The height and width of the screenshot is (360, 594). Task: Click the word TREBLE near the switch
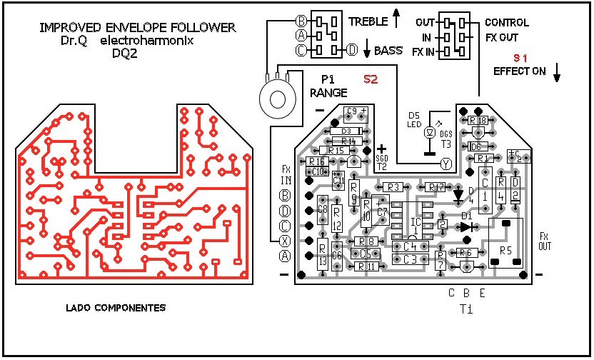click(368, 22)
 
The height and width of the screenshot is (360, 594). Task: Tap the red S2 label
click(371, 79)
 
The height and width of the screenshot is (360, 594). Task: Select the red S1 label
click(522, 56)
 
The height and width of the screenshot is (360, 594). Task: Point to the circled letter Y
click(447, 164)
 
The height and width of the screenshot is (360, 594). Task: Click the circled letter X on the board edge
click(286, 240)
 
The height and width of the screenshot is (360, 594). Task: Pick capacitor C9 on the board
click(356, 111)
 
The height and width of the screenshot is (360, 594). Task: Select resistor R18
click(478, 121)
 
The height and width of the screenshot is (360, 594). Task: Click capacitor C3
click(410, 259)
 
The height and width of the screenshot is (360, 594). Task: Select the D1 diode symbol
click(466, 227)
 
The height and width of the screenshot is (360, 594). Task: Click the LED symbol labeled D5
click(430, 133)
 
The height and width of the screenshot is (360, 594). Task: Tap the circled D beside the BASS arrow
click(352, 50)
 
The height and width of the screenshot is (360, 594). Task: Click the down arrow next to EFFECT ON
click(558, 71)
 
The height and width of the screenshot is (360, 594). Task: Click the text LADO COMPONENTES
click(115, 308)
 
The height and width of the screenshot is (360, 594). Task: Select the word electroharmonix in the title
click(153, 41)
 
